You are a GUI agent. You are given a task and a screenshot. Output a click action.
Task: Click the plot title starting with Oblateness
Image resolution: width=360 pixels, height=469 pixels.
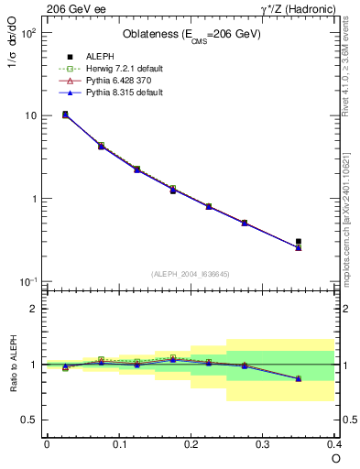pos(191,35)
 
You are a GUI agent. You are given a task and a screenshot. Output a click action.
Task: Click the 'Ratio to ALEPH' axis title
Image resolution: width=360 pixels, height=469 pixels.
pos(14,365)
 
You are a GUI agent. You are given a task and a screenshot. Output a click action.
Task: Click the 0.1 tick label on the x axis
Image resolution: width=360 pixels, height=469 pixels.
pos(118,444)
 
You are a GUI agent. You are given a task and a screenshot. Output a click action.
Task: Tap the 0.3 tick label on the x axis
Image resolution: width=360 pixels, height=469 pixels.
pos(263,444)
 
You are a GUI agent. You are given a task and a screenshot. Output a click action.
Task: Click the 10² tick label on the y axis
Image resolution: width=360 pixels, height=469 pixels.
pos(28,33)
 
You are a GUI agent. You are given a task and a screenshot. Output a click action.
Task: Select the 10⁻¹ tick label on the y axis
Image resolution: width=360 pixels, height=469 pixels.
pos(28,281)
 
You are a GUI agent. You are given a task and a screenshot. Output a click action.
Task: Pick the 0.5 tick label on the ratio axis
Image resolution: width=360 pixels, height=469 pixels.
pos(30,420)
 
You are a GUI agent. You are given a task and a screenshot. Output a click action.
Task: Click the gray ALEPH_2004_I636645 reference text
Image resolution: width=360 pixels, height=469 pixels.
pos(191,273)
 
